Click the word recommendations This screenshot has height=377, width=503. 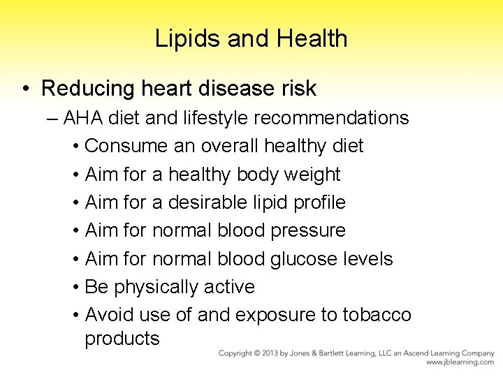(331, 118)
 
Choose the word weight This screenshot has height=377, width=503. (312, 174)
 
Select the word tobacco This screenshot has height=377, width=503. (377, 315)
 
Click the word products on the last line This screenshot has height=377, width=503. (122, 339)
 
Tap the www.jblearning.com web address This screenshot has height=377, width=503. (460, 362)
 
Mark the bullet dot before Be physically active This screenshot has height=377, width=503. (75, 287)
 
